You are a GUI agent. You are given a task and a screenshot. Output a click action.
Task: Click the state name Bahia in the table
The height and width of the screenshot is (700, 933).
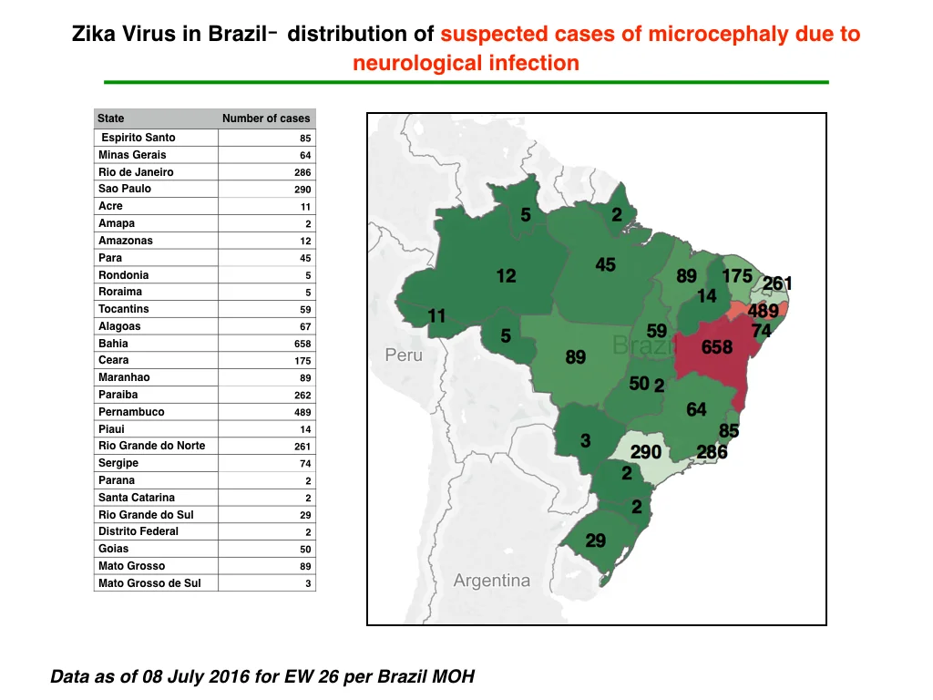coord(113,344)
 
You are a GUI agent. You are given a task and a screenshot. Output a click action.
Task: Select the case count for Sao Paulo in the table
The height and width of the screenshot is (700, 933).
coord(302,190)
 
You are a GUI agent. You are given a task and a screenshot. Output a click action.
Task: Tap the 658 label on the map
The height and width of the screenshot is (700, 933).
coord(716,347)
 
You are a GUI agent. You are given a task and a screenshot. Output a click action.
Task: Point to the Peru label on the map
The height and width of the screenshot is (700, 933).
coord(404,355)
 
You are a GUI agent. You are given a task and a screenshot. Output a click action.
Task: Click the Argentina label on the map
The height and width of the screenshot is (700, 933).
coord(491,580)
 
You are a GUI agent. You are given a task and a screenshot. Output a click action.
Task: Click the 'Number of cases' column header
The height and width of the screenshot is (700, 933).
coord(266,118)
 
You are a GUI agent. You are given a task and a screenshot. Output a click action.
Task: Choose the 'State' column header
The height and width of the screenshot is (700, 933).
coord(110,118)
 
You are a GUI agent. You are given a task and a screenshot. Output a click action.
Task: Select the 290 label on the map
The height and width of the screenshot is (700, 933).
coord(646,452)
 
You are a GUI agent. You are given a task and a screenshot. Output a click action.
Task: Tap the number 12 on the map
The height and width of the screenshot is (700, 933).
coord(506,276)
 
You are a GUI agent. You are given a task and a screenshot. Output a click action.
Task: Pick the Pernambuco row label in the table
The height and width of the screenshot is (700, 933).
coord(131,412)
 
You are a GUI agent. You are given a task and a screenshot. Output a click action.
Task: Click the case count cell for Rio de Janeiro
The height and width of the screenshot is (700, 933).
coord(302,172)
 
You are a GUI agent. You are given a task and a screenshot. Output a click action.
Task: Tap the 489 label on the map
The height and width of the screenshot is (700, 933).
coord(763,311)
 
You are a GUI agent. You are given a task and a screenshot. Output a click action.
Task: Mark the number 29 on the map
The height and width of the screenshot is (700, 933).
coord(595,540)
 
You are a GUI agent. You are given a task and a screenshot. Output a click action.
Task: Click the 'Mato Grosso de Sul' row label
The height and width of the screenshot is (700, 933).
coord(149,583)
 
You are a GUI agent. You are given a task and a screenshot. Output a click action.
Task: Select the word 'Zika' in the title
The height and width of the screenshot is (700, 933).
coord(94,34)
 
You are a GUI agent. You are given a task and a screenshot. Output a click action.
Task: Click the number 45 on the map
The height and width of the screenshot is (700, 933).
coord(605,265)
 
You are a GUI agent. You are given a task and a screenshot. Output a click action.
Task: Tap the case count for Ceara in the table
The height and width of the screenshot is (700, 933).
coord(302,361)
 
